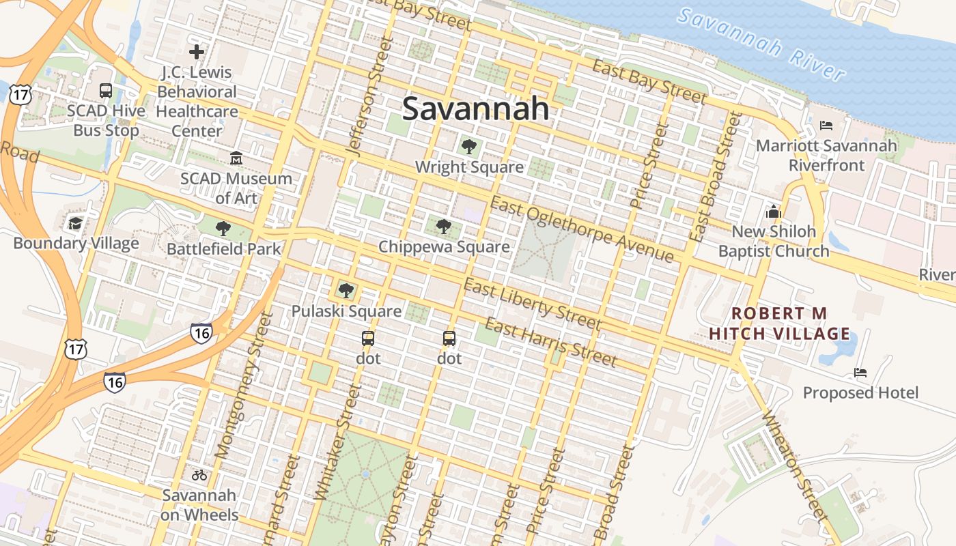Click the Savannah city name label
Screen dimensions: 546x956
(x=475, y=108)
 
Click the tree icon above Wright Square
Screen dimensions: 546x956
(x=468, y=146)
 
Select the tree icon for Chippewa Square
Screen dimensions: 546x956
(x=443, y=226)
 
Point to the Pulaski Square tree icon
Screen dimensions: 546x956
(x=346, y=291)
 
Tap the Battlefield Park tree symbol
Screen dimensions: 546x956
(x=223, y=229)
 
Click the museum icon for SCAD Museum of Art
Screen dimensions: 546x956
(x=236, y=158)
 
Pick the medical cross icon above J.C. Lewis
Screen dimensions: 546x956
(x=197, y=51)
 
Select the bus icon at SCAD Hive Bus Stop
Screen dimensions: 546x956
(x=106, y=90)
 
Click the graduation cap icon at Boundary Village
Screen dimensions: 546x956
(x=75, y=223)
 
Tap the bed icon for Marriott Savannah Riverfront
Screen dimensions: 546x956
(x=826, y=126)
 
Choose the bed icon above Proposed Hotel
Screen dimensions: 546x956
(x=860, y=373)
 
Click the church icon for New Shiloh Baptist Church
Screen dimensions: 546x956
(x=773, y=212)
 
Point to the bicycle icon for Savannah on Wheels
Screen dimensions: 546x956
(x=199, y=475)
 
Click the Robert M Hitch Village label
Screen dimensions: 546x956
(x=780, y=324)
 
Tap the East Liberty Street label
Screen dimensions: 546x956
(x=532, y=304)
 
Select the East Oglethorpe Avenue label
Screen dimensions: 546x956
(x=582, y=229)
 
